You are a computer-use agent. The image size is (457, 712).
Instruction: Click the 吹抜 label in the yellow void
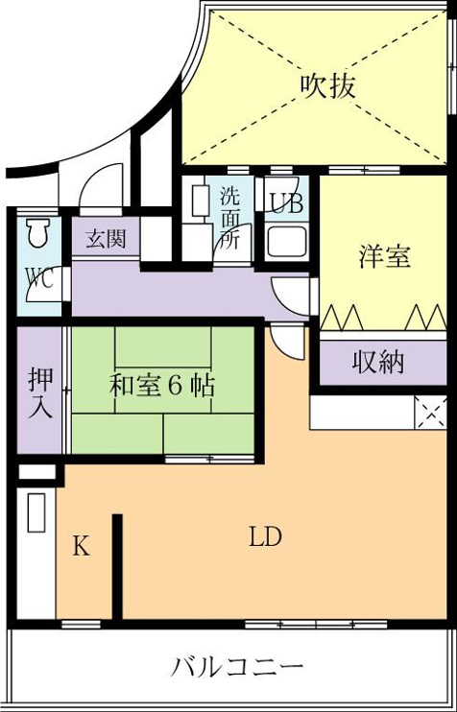327,85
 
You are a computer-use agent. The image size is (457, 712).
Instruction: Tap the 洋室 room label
384,257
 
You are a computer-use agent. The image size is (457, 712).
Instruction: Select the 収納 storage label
378,363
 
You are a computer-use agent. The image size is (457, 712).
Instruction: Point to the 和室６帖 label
161,387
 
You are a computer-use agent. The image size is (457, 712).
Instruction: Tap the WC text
39,278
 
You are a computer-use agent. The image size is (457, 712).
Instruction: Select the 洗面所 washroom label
230,219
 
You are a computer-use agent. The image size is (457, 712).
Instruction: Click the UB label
287,203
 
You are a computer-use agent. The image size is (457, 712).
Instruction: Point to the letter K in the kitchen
82,546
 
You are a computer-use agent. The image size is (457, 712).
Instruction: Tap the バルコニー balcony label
237,667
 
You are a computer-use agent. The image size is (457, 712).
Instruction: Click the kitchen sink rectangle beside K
36,512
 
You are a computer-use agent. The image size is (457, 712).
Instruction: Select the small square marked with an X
431,413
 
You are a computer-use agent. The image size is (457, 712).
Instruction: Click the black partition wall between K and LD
117,567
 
